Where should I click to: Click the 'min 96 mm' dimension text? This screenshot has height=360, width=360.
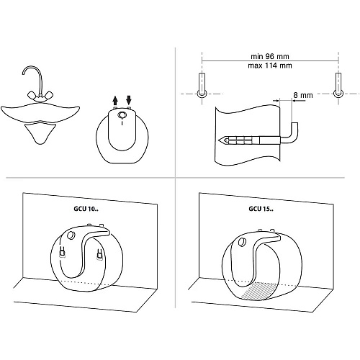click(x=270, y=56)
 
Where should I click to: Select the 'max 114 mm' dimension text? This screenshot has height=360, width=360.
click(x=270, y=66)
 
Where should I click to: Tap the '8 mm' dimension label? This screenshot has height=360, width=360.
click(x=303, y=95)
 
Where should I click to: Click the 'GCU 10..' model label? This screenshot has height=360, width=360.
click(x=86, y=209)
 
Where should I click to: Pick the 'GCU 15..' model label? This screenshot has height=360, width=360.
click(x=261, y=209)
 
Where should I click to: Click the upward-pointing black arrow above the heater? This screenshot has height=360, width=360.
click(x=115, y=100)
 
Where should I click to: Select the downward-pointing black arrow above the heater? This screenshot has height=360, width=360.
click(x=129, y=100)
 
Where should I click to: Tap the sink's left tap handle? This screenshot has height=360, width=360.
click(x=32, y=95)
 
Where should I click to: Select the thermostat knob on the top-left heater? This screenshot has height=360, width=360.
click(x=122, y=115)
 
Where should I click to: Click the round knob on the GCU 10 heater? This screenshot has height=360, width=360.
click(x=71, y=235)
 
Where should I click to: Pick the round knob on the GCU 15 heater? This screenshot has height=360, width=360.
click(x=242, y=242)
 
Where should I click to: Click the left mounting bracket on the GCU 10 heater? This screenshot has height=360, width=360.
click(x=62, y=252)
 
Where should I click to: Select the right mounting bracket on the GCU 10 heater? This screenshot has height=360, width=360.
click(x=100, y=254)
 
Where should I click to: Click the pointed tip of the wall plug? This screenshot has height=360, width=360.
click(x=220, y=140)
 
